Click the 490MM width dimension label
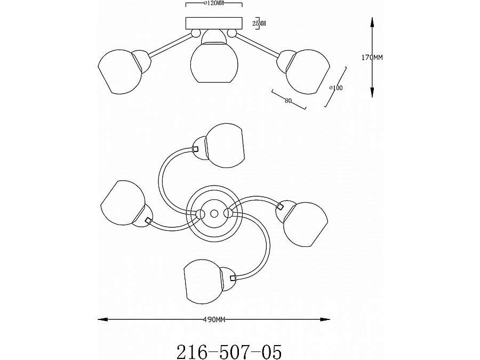pos(214,320)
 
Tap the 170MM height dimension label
pos(372,57)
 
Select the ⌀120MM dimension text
pos(214,3)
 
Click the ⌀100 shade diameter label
pos(336,88)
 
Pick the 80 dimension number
pos(288,100)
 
